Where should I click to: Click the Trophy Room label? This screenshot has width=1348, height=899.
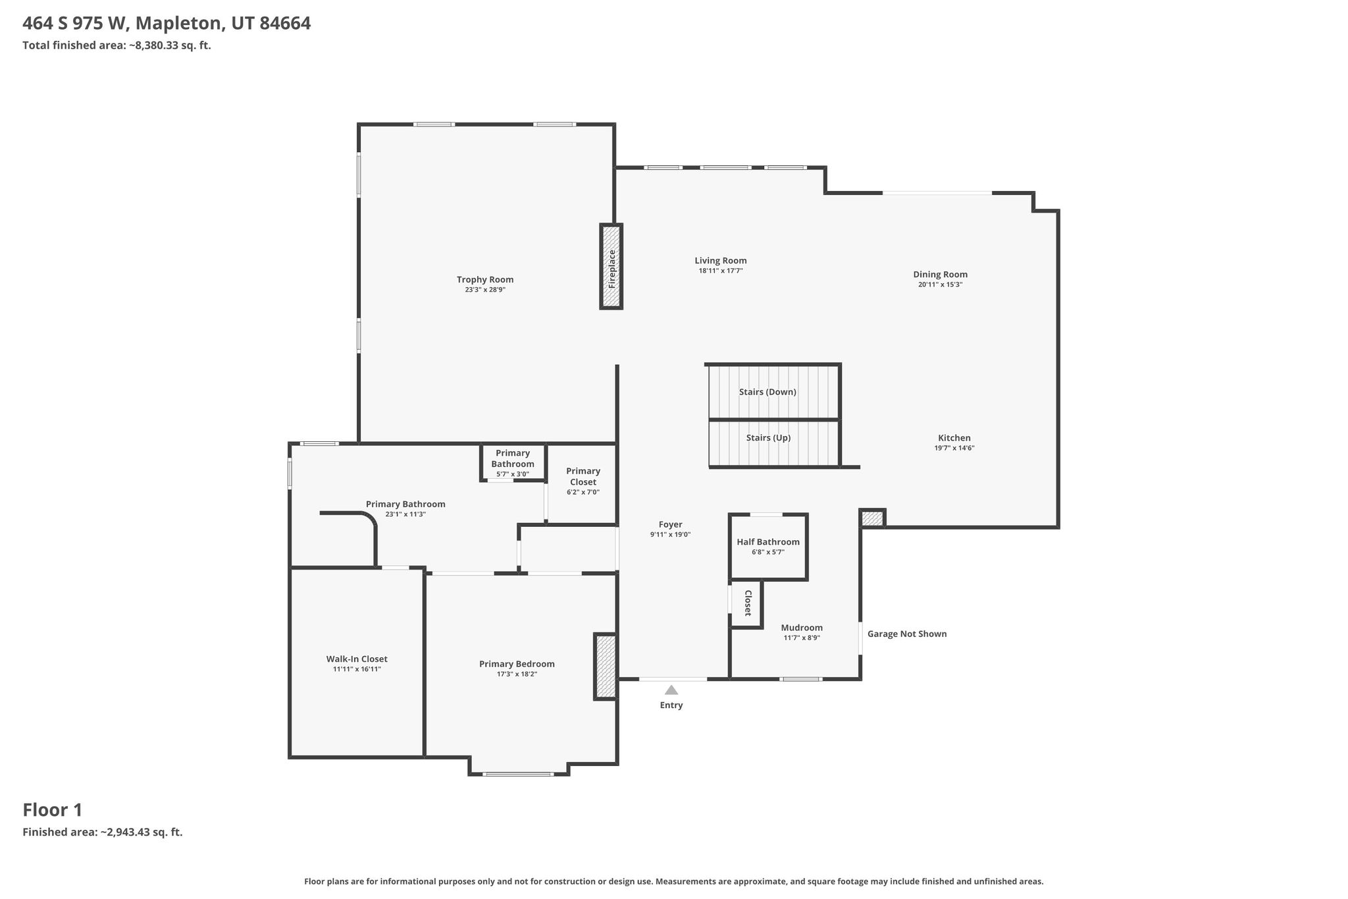pos(485,279)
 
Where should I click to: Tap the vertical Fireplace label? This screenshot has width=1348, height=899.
pos(612,269)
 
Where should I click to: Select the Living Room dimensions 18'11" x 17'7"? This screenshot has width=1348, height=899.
pos(721,271)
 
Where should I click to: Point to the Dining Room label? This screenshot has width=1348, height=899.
pos(940,275)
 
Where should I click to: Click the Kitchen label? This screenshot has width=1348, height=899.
pos(954,438)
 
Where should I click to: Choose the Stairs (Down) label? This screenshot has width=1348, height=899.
pos(767,392)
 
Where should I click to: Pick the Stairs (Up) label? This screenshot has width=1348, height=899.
pos(768,438)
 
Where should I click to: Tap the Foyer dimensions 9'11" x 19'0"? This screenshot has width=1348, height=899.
pos(670,535)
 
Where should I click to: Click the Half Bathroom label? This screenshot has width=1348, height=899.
pos(768,542)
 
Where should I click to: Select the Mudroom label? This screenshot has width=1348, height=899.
pos(802,628)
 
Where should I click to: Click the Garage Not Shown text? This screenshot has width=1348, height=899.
pos(907,634)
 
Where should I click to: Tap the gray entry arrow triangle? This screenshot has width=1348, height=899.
pos(671,690)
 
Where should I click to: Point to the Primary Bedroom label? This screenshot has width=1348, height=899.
pos(517,664)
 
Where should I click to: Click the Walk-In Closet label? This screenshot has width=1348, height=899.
pos(357,659)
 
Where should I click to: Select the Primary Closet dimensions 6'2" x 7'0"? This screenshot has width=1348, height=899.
pos(583,492)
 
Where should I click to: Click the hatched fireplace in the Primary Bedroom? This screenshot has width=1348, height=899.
pos(606,666)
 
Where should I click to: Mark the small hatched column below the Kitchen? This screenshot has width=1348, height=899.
pos(872,518)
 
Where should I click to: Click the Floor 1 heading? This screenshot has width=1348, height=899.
pos(53,810)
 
